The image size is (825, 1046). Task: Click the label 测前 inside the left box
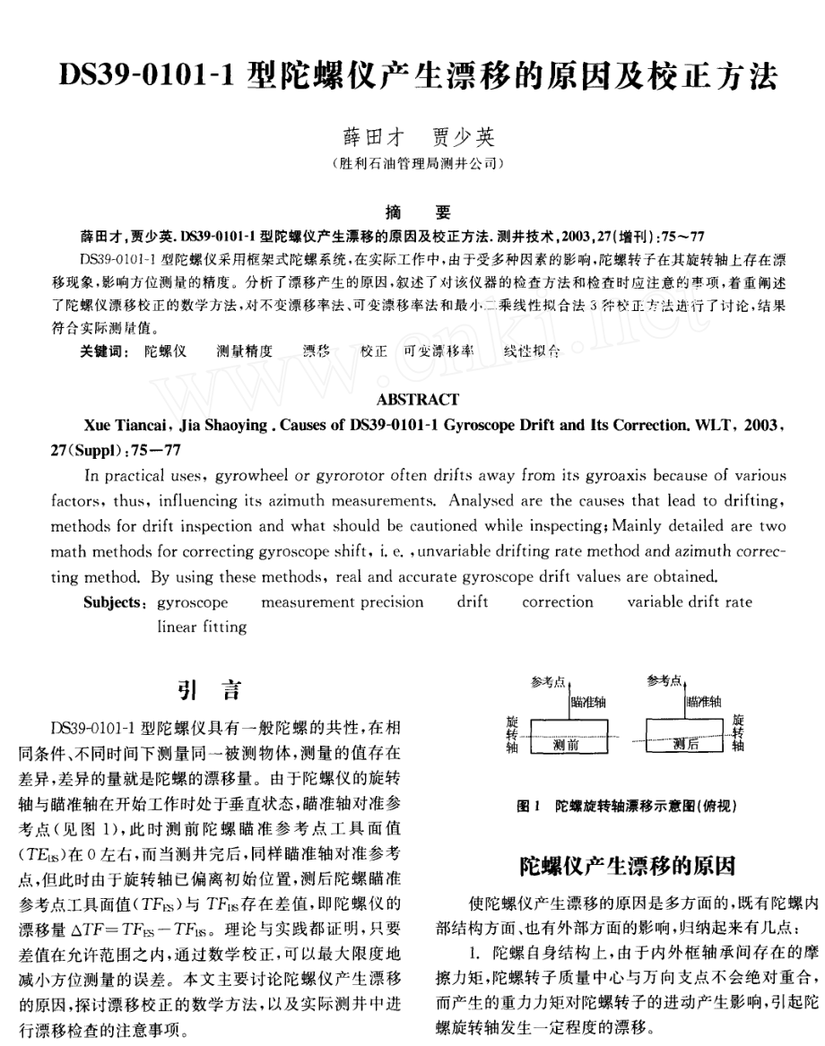pos(566,743)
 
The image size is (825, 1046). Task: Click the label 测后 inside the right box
pos(685,743)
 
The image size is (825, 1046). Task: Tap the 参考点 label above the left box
pos(548,681)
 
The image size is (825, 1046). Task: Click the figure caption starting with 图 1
pos(627,807)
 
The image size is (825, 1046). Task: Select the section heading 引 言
pos(208,690)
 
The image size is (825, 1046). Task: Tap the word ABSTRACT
pos(418,400)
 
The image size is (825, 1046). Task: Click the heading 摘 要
pos(417,212)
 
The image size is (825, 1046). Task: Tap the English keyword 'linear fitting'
pos(201,627)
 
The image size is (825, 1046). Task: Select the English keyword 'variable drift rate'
pos(689,602)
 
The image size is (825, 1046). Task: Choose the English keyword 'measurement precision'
pos(342,602)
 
